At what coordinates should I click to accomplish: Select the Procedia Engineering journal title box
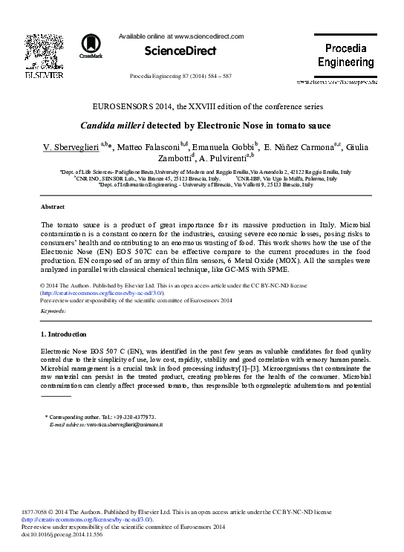[x=345, y=55]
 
